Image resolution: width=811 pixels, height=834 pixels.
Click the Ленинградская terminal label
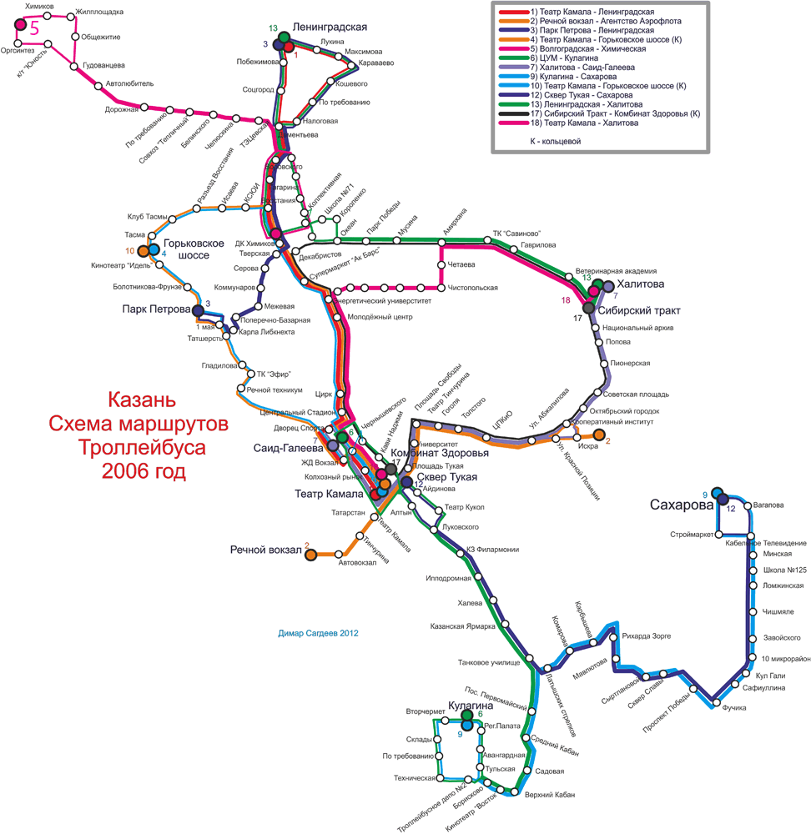330,27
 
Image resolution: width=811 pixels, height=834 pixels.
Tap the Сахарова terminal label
681,505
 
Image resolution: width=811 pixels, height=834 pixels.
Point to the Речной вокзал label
266,550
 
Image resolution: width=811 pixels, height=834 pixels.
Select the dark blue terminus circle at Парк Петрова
199,311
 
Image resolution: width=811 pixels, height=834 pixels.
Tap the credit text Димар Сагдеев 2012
324,634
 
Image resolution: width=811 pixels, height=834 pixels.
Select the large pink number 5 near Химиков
34,26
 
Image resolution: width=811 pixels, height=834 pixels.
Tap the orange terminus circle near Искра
598,434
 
